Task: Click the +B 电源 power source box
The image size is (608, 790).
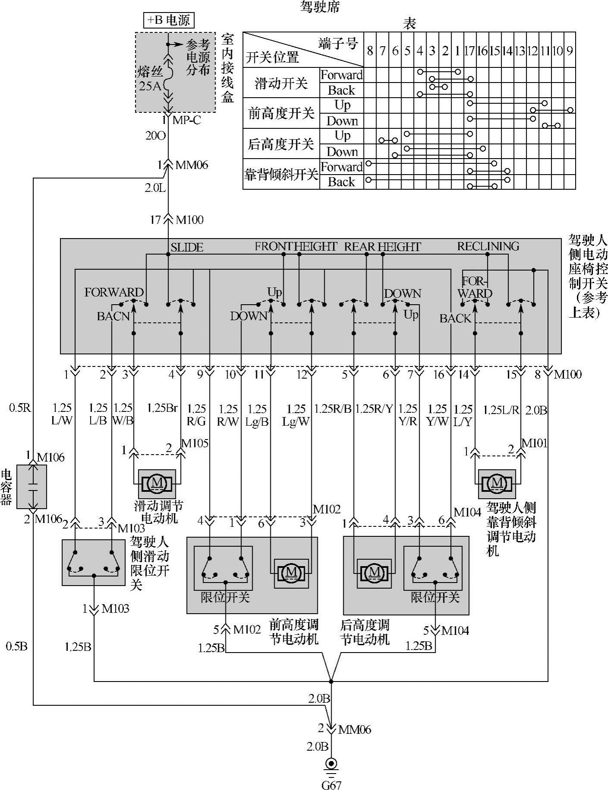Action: point(169,20)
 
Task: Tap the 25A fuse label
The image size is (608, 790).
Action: point(149,86)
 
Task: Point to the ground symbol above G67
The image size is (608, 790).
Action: point(331,765)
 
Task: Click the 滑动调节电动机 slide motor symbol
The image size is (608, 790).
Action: point(157,483)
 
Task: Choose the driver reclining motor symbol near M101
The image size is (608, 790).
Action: point(497,483)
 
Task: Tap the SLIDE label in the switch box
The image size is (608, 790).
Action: point(187,248)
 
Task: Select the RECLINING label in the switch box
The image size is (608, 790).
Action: point(488,247)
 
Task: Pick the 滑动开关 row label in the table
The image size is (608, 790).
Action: point(281,83)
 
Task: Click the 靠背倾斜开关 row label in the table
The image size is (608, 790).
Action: point(281,175)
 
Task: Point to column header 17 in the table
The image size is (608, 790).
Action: point(469,51)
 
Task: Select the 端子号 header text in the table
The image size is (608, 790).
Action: point(338,43)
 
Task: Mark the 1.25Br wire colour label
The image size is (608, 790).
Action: point(162,408)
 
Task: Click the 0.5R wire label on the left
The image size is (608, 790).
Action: point(20,408)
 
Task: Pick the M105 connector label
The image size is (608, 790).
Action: point(195,443)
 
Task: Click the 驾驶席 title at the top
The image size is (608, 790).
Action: point(320,7)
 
